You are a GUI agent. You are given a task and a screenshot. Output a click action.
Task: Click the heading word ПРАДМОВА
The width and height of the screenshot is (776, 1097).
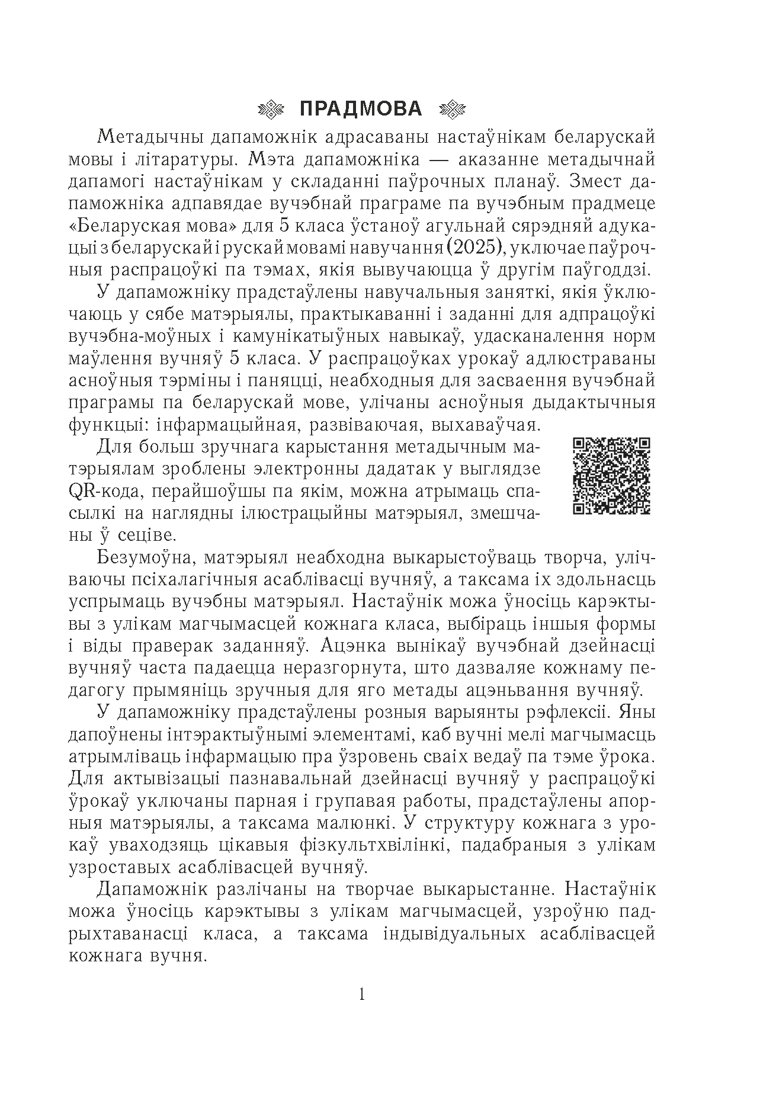coord(361,109)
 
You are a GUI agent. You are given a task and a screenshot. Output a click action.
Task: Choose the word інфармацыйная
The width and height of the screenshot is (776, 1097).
coord(188,425)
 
